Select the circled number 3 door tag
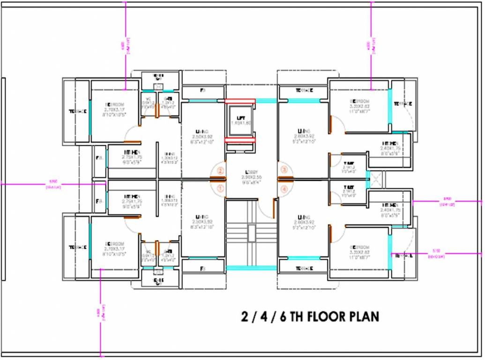[x=283, y=170]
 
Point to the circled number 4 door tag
[x=283, y=189]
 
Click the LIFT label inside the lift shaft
[x=241, y=117]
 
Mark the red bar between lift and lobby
[x=239, y=140]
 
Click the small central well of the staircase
[x=252, y=233]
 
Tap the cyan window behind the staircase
[x=252, y=268]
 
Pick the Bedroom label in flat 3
[x=359, y=101]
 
